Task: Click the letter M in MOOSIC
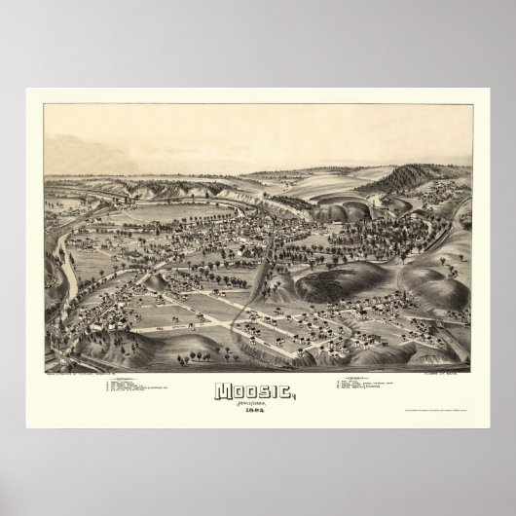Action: coord(223,393)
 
